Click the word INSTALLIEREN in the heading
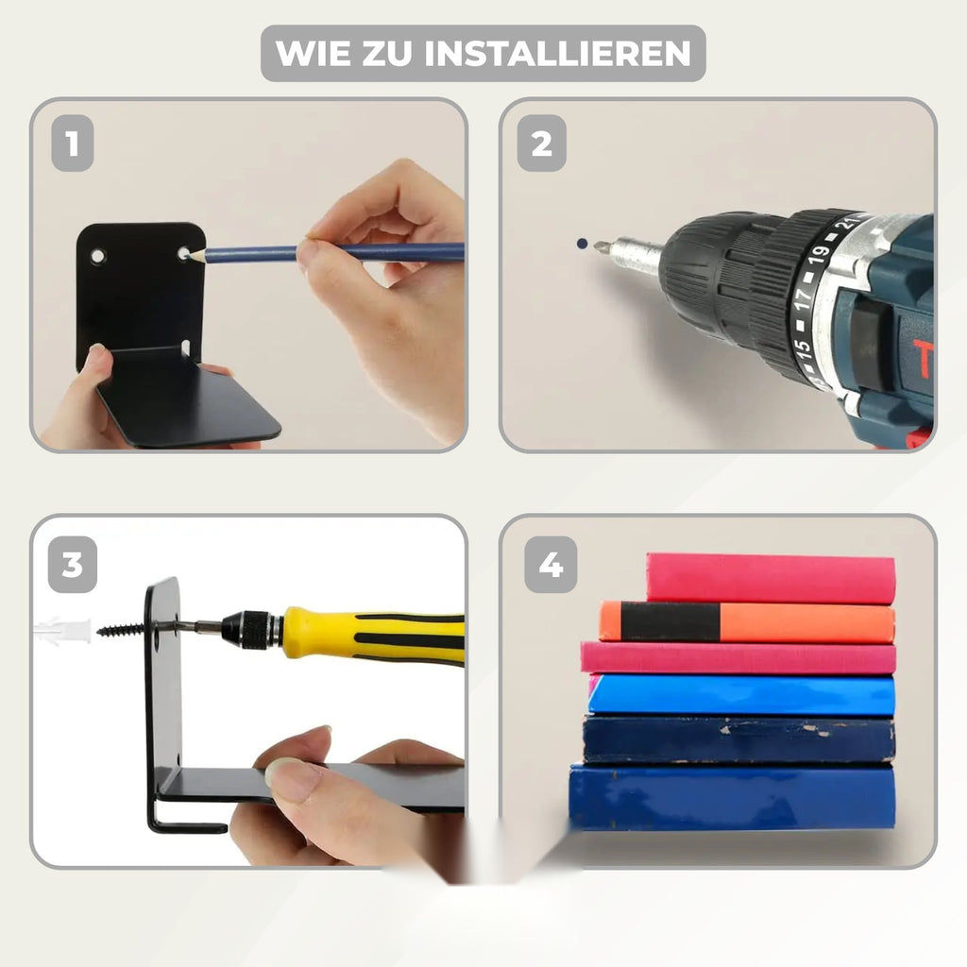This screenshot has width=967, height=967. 557,53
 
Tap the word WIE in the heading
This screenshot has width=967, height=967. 312,53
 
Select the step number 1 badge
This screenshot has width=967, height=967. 73,144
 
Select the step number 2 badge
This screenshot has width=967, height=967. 541,144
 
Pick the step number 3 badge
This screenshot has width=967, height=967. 73,565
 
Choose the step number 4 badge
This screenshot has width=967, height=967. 551,565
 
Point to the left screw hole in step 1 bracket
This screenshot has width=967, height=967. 97,255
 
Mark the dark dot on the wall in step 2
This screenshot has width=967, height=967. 582,244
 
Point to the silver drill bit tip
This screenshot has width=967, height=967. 598,247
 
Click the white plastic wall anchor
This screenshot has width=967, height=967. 62,630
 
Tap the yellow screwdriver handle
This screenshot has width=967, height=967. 373,636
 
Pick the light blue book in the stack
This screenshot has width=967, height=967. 741,695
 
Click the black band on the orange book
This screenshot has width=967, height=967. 670,621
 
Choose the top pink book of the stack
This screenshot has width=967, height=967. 771,579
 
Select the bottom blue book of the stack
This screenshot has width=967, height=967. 732,797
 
